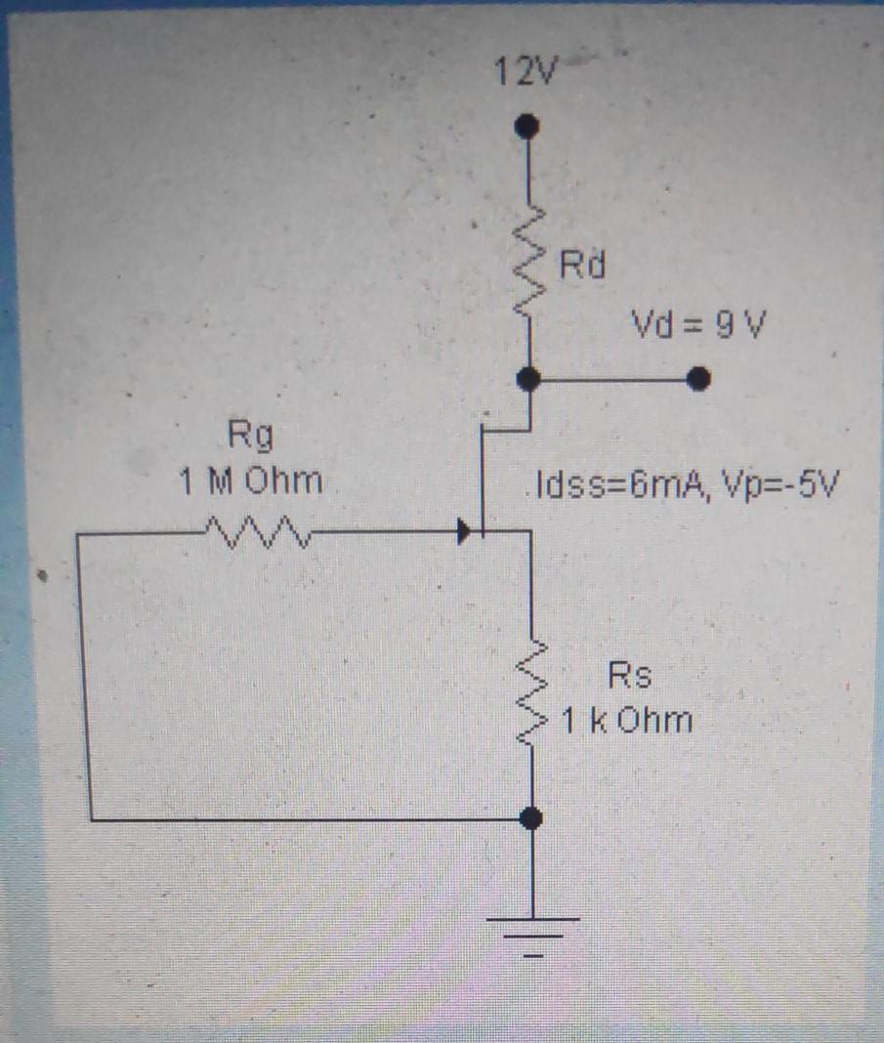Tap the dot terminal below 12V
[527, 126]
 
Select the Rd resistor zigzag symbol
[528, 266]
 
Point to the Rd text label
[583, 264]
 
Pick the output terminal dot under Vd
[697, 379]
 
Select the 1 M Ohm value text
[250, 480]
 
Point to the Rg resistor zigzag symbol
[256, 533]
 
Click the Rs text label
[629, 676]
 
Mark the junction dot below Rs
[530, 819]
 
